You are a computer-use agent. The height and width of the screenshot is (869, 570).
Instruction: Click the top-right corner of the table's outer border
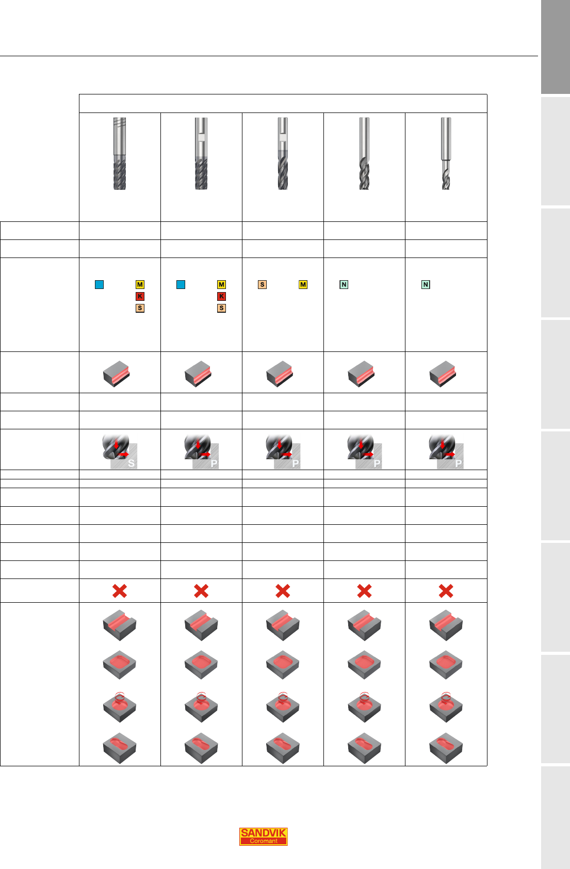(x=487, y=94)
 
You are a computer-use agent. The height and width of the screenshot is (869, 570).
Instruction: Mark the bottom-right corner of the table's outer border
(x=487, y=766)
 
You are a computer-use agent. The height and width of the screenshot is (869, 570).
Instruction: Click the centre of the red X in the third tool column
(x=283, y=591)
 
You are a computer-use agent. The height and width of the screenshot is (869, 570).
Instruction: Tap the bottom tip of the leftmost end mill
(x=120, y=189)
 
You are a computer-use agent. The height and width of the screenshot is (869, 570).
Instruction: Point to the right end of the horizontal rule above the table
(x=538, y=56)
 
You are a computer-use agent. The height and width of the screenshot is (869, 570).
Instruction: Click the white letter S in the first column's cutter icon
(x=131, y=463)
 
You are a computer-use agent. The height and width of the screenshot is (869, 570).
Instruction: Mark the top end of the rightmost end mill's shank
(x=446, y=118)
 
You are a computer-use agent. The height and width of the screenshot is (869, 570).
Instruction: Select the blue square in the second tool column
(x=181, y=285)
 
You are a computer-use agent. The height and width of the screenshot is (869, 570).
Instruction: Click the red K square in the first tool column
(x=140, y=296)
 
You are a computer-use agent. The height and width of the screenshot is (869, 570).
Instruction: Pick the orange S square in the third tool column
(x=262, y=285)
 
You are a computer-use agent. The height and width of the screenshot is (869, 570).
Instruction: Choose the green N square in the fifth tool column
(x=426, y=285)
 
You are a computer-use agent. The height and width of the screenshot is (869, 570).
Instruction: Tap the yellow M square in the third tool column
(x=303, y=285)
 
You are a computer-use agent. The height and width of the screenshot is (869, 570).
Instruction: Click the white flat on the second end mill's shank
(x=201, y=137)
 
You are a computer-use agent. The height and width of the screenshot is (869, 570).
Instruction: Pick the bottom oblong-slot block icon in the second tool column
(x=201, y=748)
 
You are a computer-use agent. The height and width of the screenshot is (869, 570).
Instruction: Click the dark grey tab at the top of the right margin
(x=555, y=47)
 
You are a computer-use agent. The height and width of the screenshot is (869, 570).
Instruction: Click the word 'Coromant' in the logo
(x=264, y=841)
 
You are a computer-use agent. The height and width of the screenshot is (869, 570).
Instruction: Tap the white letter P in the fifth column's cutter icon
(x=459, y=463)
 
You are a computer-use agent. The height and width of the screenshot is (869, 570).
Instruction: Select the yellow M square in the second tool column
(x=221, y=285)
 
